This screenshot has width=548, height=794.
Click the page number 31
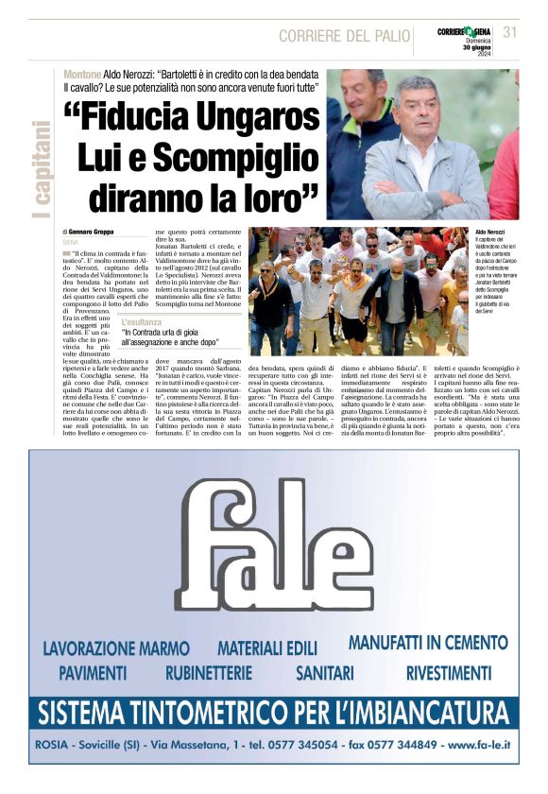511,32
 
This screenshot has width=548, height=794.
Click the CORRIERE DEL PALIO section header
344,36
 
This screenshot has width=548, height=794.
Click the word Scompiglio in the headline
242,156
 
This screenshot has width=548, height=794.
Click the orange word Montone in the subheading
82,75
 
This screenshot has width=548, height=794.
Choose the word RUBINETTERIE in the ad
209,673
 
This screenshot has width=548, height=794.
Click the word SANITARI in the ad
324,673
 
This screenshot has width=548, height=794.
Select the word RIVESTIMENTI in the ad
448,673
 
